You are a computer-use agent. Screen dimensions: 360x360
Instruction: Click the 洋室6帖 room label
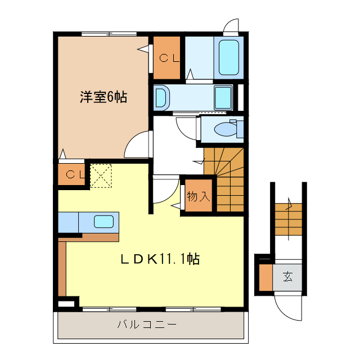tap(102, 97)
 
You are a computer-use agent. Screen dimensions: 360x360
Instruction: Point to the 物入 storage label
tap(198, 197)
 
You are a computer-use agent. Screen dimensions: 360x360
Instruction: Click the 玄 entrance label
tap(287, 277)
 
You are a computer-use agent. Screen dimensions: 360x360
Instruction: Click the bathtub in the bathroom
tap(228, 57)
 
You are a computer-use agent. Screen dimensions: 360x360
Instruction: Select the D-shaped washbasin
tap(161, 97)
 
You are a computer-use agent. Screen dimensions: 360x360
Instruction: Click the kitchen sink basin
tap(103, 222)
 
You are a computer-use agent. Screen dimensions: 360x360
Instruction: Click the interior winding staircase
tap(225, 177)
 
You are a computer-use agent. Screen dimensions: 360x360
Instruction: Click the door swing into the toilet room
tap(187, 127)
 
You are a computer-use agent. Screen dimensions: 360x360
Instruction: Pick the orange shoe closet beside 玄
tap(265, 277)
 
